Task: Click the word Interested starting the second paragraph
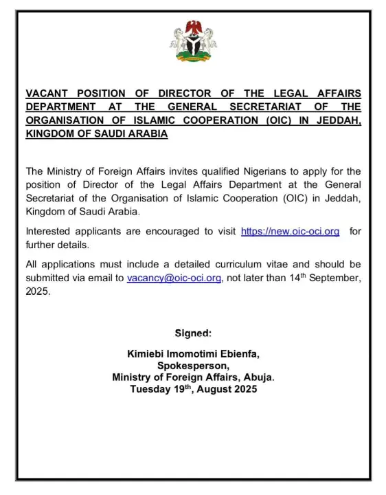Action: pyautogui.click(x=51, y=232)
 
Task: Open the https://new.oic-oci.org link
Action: pyautogui.click(x=290, y=232)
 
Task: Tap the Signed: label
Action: pyautogui.click(x=193, y=333)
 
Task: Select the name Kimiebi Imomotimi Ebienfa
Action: pyautogui.click(x=193, y=354)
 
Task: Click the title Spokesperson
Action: pyautogui.click(x=193, y=366)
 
